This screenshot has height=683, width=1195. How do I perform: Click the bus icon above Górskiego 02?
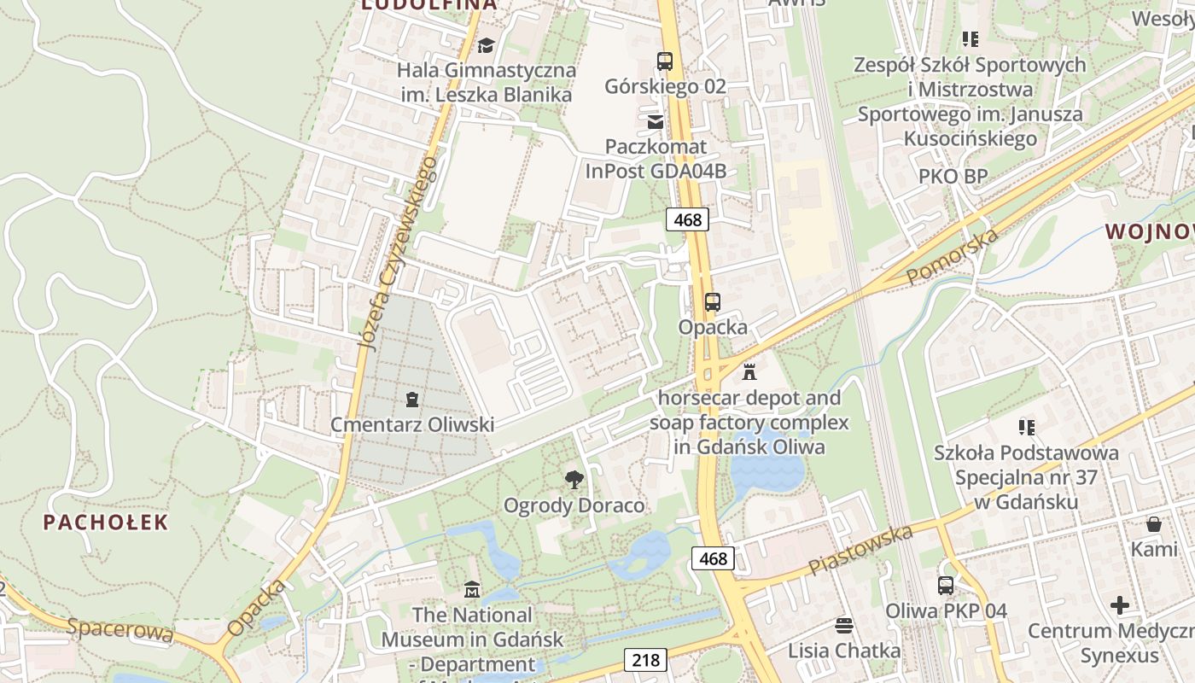tap(664, 61)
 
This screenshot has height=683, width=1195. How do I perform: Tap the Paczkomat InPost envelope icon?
tap(656, 121)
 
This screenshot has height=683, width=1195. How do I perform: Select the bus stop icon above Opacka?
tap(712, 301)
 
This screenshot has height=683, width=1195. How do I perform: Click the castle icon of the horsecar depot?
tap(749, 372)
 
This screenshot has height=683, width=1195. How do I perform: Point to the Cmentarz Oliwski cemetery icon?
tap(412, 399)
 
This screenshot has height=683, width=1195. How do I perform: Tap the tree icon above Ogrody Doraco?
tap(574, 480)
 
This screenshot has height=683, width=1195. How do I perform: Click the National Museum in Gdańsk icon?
tap(472, 589)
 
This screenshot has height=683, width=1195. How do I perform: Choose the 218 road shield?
tap(645, 660)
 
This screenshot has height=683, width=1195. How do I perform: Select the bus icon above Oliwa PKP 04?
tap(946, 586)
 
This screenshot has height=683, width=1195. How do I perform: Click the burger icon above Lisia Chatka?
tap(844, 625)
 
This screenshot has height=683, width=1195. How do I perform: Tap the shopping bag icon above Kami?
tap(1154, 524)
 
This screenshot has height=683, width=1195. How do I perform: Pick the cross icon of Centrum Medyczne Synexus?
tap(1120, 606)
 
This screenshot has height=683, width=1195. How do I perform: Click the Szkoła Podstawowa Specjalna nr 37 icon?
tap(1026, 427)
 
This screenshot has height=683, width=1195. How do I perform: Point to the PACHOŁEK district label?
tap(106, 522)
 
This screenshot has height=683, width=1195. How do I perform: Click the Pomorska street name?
tap(953, 257)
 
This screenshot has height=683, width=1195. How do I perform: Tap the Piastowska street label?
tap(860, 550)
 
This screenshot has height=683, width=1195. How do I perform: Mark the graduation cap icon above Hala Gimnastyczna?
tap(486, 45)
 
